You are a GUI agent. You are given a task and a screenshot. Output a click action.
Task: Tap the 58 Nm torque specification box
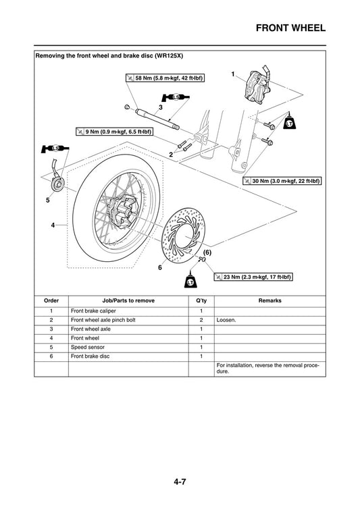(x=165, y=78)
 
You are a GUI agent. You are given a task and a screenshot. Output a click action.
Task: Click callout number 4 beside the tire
(x=53, y=225)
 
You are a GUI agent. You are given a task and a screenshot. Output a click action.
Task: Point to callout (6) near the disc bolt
(x=208, y=251)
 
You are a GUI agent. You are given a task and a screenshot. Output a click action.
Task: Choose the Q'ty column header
(x=201, y=300)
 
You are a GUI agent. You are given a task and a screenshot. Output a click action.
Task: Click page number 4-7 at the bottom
(x=180, y=482)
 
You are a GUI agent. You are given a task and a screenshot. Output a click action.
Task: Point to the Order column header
(x=51, y=300)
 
